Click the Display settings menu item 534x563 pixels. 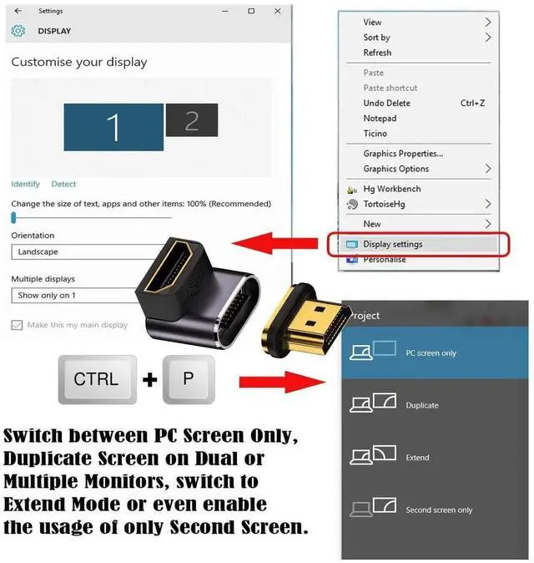tap(393, 244)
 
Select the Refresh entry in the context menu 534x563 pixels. tap(377, 53)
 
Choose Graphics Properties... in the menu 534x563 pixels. tap(403, 154)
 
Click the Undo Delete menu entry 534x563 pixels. tap(386, 103)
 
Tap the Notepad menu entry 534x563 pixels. tap(380, 119)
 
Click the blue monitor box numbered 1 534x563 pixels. tap(113, 127)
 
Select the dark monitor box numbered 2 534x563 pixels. tap(191, 121)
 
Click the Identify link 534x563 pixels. tap(25, 184)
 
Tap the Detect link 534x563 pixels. tap(63, 184)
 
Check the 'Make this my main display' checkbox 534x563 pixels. tap(17, 325)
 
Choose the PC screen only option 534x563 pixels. tap(431, 353)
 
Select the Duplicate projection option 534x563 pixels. tap(421, 405)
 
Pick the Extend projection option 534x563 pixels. tap(417, 458)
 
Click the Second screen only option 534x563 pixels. tap(438, 510)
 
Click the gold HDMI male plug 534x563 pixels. tap(310, 321)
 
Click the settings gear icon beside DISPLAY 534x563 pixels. tap(18, 31)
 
